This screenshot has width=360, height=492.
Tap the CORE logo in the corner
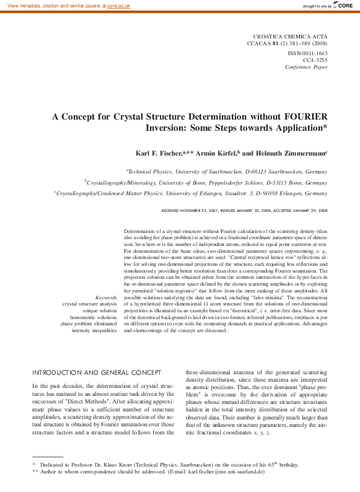click(x=345, y=6)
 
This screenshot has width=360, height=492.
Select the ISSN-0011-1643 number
click(x=308, y=53)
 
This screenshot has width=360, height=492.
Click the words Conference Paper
click(x=307, y=67)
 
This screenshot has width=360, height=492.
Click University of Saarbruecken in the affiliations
click(x=209, y=171)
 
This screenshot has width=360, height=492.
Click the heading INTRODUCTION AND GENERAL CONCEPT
click(x=93, y=373)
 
